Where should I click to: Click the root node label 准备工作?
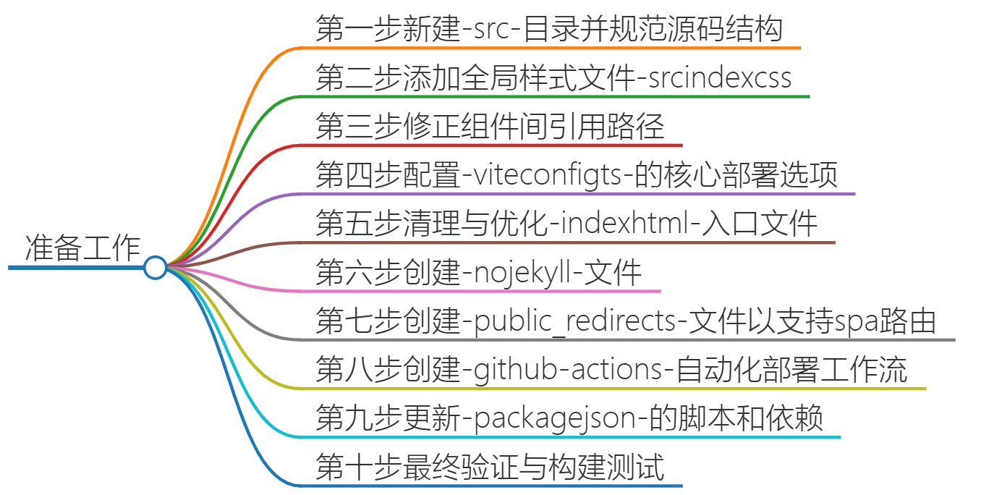(82, 248)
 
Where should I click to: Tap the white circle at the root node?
(155, 268)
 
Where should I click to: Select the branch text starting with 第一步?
(550, 30)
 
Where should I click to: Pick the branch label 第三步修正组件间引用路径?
(490, 127)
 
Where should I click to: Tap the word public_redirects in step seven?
(575, 321)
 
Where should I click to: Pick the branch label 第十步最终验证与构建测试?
(490, 467)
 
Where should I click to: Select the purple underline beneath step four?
(579, 193)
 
